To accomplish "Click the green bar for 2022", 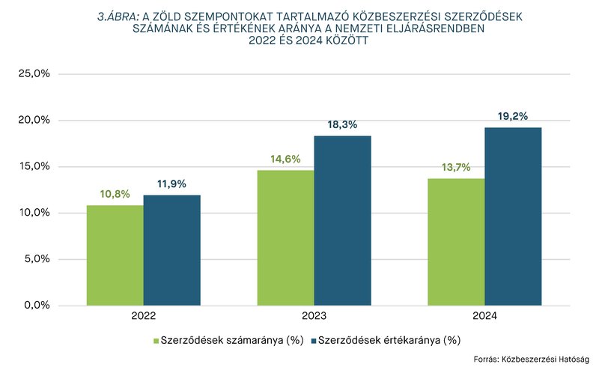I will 115,255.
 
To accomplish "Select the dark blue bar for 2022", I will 171,250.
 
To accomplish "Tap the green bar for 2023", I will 285,237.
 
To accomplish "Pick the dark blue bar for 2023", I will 342,220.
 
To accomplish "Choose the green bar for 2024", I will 456,241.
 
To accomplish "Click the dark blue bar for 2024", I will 513,216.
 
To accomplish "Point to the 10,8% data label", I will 115,194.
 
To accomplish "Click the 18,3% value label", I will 342,125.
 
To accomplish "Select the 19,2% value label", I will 513,116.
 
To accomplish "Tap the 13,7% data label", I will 456,167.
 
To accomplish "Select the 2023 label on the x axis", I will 314,317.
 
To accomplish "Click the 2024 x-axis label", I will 484,317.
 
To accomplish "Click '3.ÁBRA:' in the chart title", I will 118,16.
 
